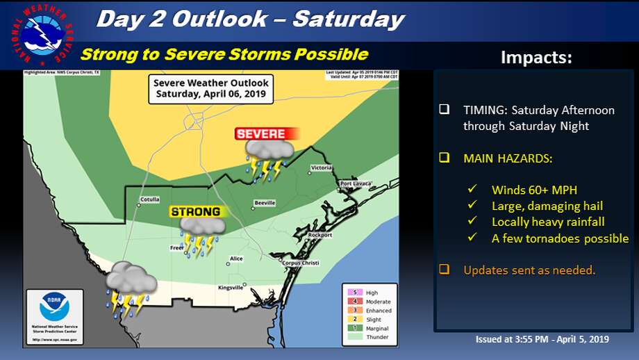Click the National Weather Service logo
[x=42, y=34]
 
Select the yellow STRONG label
[x=195, y=212]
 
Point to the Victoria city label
[x=321, y=168]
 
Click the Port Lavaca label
[x=356, y=183]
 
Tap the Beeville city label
[x=265, y=203]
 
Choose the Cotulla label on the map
[x=149, y=199]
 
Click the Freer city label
[x=177, y=247]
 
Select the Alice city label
[x=237, y=259]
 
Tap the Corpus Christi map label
[x=300, y=263]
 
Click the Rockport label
[x=321, y=235]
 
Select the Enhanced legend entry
[x=375, y=311]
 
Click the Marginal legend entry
[x=375, y=328]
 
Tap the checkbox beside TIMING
[x=445, y=110]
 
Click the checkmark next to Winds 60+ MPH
[x=472, y=189]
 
